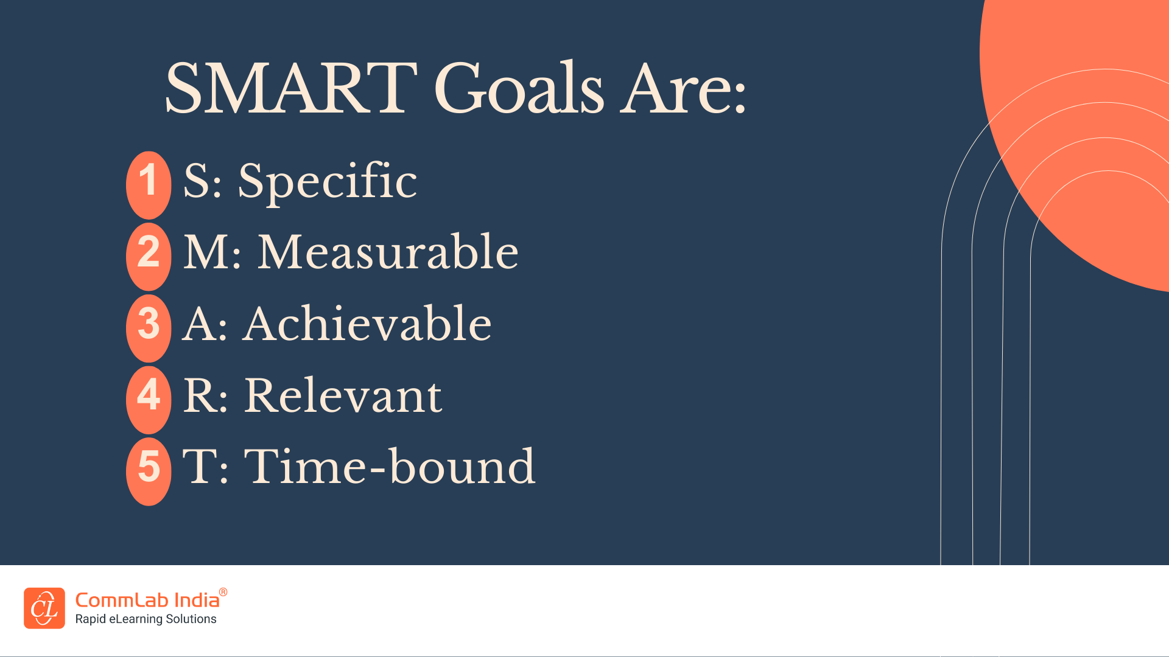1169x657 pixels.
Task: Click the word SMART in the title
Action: pyautogui.click(x=291, y=88)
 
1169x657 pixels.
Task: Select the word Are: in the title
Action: pyautogui.click(x=683, y=89)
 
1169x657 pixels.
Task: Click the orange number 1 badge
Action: pyautogui.click(x=149, y=185)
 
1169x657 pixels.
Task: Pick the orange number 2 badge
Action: pyautogui.click(x=149, y=256)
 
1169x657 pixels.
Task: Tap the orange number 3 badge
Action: pyautogui.click(x=149, y=328)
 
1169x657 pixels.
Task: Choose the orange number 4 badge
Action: pyautogui.click(x=149, y=400)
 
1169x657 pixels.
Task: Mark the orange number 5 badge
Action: pyautogui.click(x=149, y=471)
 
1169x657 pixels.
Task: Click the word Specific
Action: pyautogui.click(x=328, y=182)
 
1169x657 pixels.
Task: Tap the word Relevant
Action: pyautogui.click(x=343, y=395)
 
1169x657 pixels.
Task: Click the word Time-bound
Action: pyautogui.click(x=390, y=466)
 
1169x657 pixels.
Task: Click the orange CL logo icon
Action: pyautogui.click(x=44, y=608)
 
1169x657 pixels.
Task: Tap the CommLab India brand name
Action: pyautogui.click(x=147, y=600)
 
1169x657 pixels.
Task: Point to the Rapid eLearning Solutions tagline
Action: pyautogui.click(x=146, y=619)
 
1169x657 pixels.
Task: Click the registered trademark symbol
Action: pyautogui.click(x=223, y=592)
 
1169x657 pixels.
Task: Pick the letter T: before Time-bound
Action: pyautogui.click(x=206, y=466)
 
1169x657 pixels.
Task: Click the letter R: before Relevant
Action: pyautogui.click(x=206, y=395)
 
